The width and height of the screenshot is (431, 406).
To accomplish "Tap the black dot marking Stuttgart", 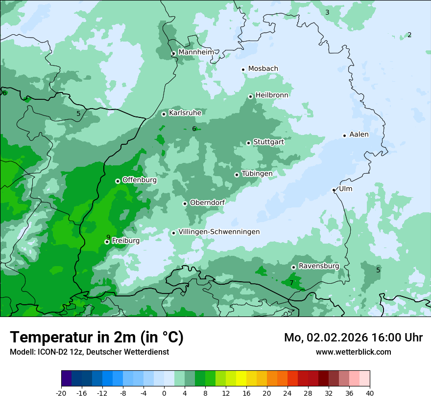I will pos(248,143).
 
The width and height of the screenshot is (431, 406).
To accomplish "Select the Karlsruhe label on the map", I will pos(185,113).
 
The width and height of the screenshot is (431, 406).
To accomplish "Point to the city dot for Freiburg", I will pos(107,242).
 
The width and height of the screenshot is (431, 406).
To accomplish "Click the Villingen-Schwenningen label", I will pos(219,232).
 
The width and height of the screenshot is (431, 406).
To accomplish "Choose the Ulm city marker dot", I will pos(334,190).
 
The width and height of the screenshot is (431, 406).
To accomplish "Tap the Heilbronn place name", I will pos(272,95).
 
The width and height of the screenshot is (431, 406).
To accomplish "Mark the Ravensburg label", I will pos(319,266).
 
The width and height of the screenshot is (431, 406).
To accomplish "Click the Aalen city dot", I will pos(344,135).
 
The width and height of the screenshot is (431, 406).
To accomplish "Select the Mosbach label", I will pos(263,69).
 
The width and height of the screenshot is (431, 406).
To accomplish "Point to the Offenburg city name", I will pos(140,180).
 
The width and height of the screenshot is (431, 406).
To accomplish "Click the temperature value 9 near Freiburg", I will pos(108,237).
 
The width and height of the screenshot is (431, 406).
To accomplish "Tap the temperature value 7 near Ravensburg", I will pos(291,283).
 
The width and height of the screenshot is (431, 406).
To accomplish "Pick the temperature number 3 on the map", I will pos(327,12).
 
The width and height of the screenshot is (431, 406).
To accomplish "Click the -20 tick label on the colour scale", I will pos(61,393).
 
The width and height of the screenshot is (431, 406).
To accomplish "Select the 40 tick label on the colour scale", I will pos(370,393).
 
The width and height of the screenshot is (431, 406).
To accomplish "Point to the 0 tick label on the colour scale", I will pos(164,393).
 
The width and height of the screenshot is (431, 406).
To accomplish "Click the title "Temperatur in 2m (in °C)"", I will pos(97,337).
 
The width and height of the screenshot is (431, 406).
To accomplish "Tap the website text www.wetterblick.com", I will pos(354,352).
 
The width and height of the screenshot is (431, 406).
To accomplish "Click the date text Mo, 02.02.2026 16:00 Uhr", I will pos(353,338).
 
